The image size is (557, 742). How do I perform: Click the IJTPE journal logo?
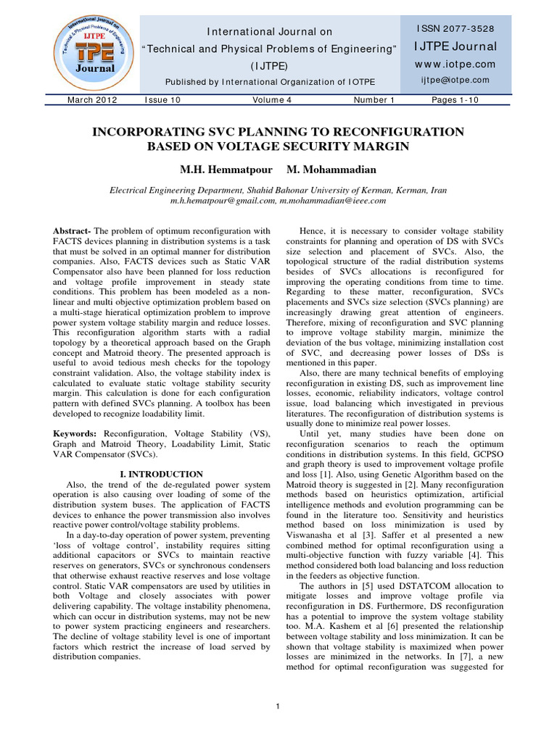[x=89, y=48]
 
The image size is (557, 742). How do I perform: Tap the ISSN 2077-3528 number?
[x=455, y=28]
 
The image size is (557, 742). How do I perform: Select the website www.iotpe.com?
[x=455, y=64]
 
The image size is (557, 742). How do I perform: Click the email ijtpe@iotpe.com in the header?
[x=455, y=80]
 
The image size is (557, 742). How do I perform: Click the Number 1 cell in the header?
[x=374, y=100]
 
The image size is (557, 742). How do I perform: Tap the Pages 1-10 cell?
[x=455, y=100]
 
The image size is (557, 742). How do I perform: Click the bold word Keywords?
[x=77, y=433]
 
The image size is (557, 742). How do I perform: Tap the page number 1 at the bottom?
[x=278, y=706]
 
